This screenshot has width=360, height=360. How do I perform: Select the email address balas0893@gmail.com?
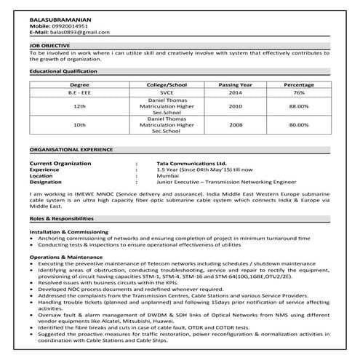tap(79, 33)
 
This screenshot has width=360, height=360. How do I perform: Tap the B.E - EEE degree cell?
tap(81, 94)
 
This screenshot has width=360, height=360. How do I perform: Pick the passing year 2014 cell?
tap(235, 94)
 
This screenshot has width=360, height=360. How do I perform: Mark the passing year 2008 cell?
tap(235, 125)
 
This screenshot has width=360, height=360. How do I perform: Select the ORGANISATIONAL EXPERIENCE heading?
tap(68, 147)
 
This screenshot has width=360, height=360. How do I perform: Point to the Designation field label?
tap(47, 182)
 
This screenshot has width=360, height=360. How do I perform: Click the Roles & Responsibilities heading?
tap(63, 218)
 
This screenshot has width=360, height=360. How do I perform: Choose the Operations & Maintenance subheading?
tap(65, 257)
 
